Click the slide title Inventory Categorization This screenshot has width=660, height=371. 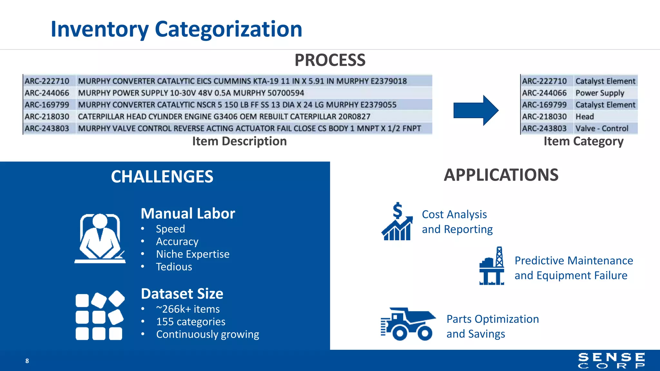click(176, 29)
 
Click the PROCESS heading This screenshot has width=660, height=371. click(330, 60)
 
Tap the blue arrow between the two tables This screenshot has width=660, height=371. click(476, 110)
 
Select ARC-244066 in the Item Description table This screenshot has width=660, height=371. click(47, 93)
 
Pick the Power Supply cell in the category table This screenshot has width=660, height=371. click(599, 93)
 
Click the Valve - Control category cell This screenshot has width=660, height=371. click(602, 128)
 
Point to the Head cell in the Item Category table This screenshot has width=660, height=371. click(585, 117)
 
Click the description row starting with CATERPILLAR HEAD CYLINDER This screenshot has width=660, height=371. click(224, 117)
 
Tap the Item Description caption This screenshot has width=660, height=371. click(239, 141)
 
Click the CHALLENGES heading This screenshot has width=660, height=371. click(162, 176)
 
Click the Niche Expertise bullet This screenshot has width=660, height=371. click(193, 254)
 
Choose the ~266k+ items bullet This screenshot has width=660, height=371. click(188, 309)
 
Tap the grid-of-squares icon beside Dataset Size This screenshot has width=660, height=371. click(100, 316)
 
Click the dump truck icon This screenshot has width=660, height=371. click(408, 324)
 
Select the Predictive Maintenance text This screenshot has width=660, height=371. click(574, 261)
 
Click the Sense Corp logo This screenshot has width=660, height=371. click(611, 360)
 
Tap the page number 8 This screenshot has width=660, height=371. click(27, 361)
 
